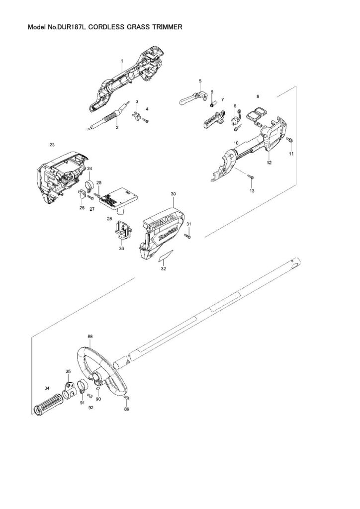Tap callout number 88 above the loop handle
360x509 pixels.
point(90,337)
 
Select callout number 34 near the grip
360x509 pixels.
point(47,388)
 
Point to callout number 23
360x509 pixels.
point(52,145)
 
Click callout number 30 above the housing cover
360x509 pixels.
point(173,194)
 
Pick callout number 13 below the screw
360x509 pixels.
point(252,190)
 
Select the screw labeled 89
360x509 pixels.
point(127,398)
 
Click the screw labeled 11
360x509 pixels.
point(290,140)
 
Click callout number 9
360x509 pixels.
point(258,96)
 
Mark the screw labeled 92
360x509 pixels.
point(90,396)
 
